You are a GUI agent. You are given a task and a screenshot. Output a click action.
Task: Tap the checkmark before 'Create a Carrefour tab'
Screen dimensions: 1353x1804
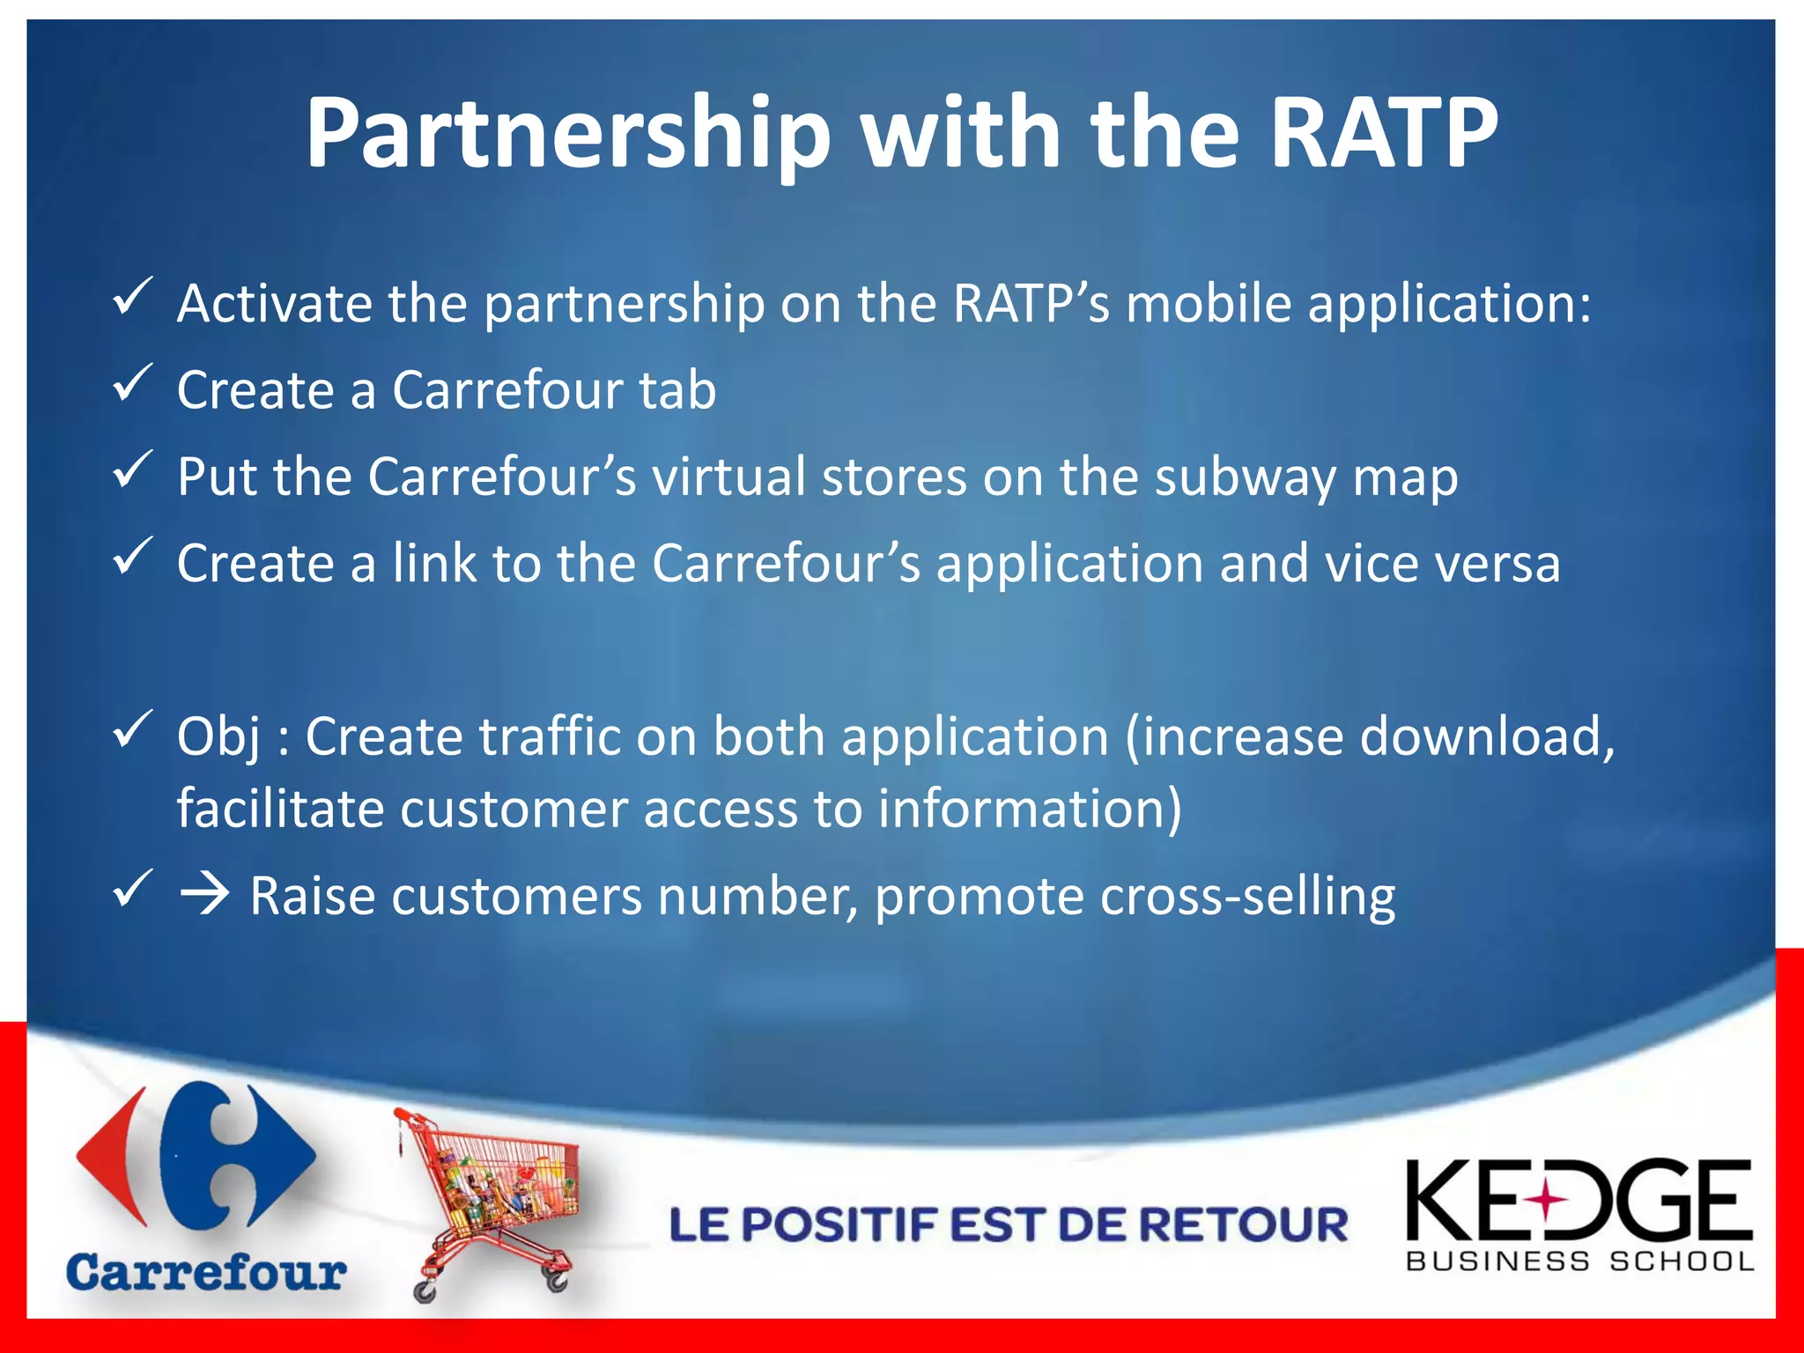point(133,383)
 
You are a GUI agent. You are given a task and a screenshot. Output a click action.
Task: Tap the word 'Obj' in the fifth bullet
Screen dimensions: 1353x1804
point(218,737)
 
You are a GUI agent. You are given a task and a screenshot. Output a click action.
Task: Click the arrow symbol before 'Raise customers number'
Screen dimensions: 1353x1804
point(204,896)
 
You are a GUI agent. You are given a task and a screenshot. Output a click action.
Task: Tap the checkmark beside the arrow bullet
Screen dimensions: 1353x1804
point(133,890)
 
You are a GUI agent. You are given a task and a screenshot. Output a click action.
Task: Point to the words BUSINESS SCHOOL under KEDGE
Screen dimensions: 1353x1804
point(1580,1261)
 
